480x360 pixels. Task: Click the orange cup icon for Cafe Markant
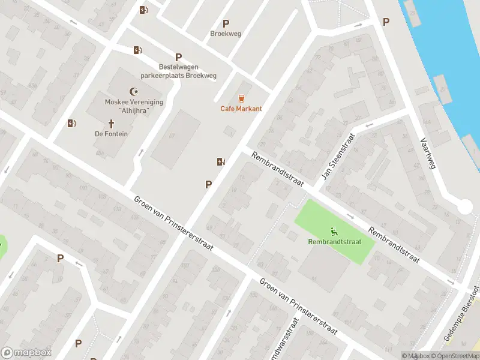point(241,98)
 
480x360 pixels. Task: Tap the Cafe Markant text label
point(241,109)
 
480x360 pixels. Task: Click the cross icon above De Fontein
point(111,124)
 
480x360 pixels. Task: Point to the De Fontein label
point(111,134)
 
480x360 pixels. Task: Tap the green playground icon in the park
point(334,232)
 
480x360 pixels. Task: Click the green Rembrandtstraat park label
point(334,242)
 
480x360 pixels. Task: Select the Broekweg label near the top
point(226,34)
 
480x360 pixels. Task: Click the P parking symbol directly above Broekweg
point(226,24)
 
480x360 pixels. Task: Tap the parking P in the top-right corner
point(386,22)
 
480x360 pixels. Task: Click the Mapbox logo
point(26,353)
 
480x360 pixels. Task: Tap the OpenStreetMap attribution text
point(457,356)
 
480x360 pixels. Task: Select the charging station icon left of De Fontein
point(72,123)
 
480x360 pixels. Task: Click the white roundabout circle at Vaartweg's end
point(465,207)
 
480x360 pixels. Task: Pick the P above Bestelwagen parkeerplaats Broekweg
point(178,56)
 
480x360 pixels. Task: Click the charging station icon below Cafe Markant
point(221,161)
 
